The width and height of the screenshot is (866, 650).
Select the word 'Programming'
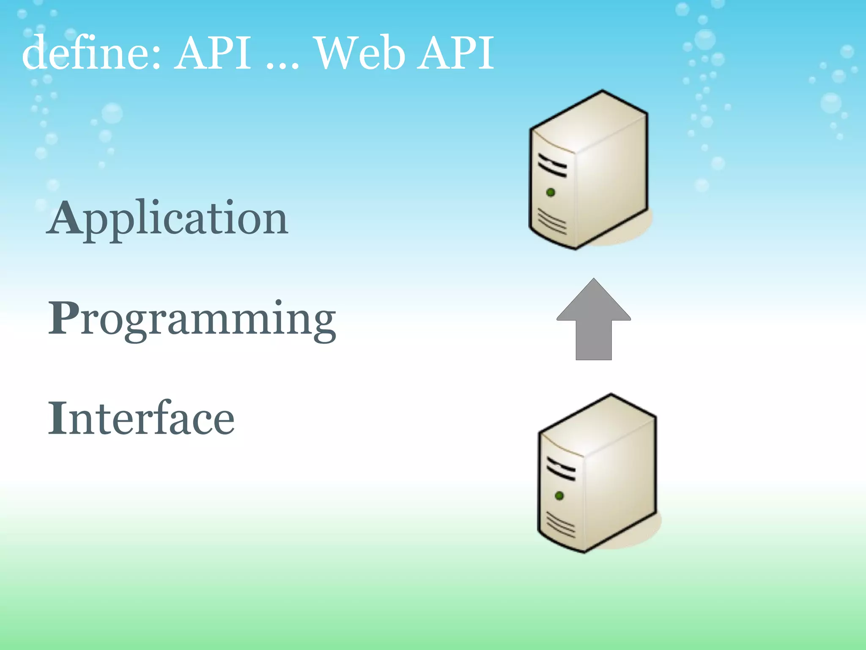tap(192, 320)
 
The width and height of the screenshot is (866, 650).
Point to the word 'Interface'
tap(141, 419)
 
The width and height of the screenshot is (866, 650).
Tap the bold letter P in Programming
tap(63, 318)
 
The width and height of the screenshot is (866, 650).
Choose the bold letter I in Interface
tap(57, 418)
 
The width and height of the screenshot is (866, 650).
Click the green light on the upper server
tap(551, 193)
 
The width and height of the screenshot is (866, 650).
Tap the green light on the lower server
tap(559, 496)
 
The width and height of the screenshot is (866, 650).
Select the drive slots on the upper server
tap(552, 166)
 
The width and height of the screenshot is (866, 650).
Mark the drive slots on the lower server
tap(561, 469)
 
